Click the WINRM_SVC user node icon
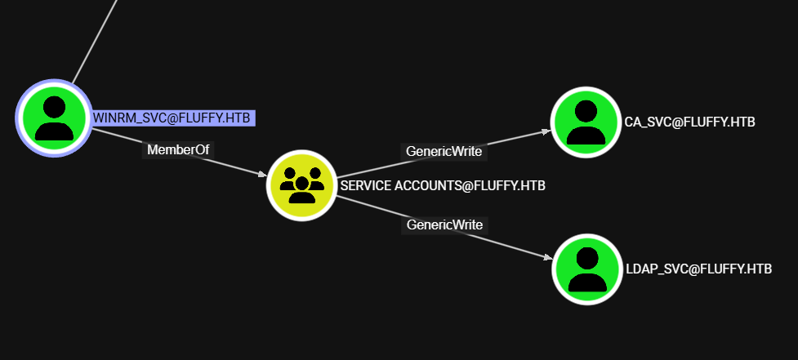[54, 118]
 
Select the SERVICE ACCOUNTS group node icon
[302, 185]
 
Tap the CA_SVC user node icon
[585, 122]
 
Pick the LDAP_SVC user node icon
[586, 269]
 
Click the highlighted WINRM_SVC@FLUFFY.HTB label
[172, 118]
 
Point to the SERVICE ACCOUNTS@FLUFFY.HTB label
[443, 185]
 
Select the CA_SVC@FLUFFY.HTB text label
[689, 122]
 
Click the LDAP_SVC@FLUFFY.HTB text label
[698, 269]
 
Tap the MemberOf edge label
[178, 150]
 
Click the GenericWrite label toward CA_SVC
[444, 151]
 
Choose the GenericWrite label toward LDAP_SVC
[444, 224]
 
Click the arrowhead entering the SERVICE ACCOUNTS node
[262, 175]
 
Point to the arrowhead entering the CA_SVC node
[546, 131]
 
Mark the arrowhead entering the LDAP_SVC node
[547, 259]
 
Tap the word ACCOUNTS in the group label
[426, 185]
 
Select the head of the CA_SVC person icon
[586, 110]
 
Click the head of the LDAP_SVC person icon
[587, 257]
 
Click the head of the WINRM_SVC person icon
[54, 107]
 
